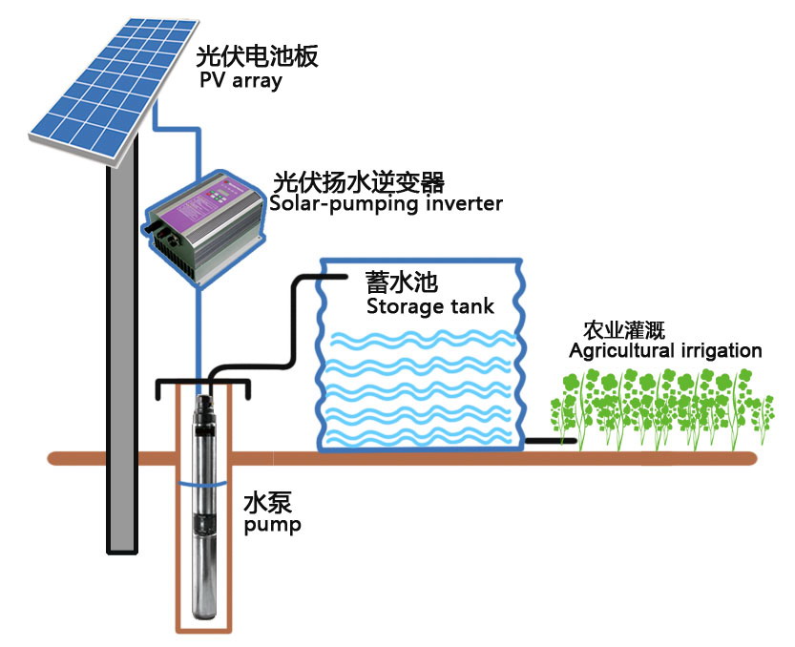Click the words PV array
point(241,80)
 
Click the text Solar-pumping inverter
point(386,203)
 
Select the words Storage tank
point(430,307)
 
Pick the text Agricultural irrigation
point(665,350)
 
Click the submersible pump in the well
point(203,506)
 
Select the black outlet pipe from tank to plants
point(550,441)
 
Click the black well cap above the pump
point(202,384)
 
